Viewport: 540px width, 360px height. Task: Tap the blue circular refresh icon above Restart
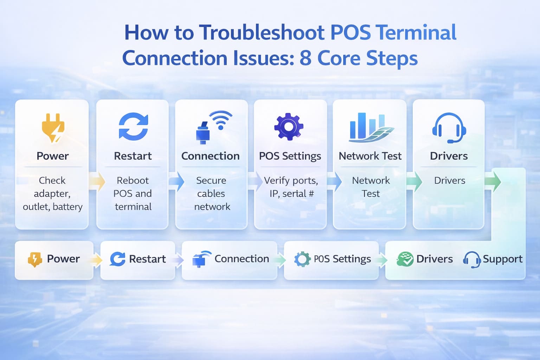[x=133, y=126]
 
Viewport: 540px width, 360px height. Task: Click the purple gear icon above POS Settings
[x=289, y=127]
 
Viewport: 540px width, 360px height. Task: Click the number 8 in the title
[x=305, y=58]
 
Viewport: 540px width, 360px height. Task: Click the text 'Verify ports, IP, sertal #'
[x=291, y=187]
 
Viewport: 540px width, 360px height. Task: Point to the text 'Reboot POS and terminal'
[x=133, y=193]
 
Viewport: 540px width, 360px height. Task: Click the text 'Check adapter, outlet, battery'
[x=52, y=193]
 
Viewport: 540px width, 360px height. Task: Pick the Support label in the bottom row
[x=503, y=259]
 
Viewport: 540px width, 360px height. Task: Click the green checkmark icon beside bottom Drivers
[x=405, y=259]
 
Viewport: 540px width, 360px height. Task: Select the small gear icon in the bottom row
[x=302, y=259]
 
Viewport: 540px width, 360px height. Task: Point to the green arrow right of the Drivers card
[x=493, y=181]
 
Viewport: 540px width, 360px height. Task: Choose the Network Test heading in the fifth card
[x=370, y=156]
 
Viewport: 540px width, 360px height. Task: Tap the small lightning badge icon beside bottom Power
[x=35, y=259]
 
